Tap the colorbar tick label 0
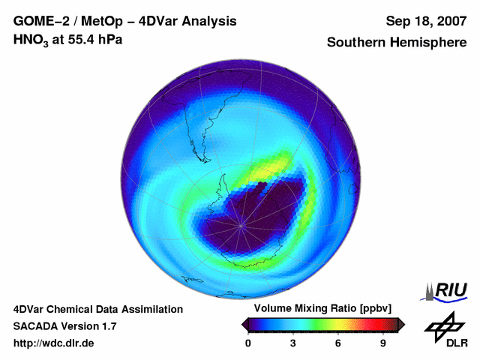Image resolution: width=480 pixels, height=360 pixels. (248, 343)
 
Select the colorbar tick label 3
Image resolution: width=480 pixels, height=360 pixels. (293, 343)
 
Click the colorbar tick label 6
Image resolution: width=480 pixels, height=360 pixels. (338, 343)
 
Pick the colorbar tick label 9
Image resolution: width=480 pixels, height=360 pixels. (382, 343)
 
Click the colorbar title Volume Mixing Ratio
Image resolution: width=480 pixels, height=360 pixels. (299, 309)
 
